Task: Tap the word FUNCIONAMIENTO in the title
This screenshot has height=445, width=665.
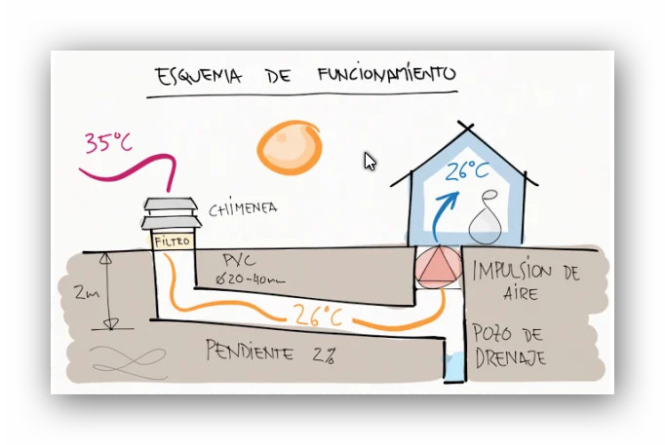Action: click(x=385, y=74)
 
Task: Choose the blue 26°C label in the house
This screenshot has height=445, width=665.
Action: click(x=467, y=171)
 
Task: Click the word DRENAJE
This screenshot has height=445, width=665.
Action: click(x=509, y=357)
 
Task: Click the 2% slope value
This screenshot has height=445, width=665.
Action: click(x=325, y=353)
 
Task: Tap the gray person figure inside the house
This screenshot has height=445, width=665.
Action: click(x=486, y=221)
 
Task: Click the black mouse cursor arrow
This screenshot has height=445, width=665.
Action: click(x=370, y=161)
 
